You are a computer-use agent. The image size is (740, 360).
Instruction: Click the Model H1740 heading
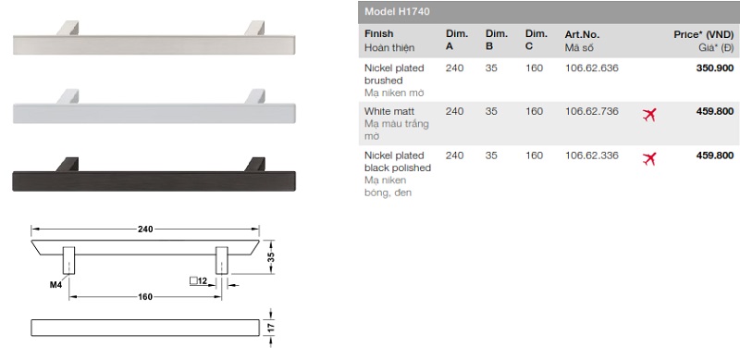[397, 12]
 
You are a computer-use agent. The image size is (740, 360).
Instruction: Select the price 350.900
[714, 68]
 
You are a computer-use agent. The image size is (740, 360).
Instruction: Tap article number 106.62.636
[591, 68]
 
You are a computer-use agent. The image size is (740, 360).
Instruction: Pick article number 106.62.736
[591, 111]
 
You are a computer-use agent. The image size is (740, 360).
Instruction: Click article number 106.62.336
[591, 155]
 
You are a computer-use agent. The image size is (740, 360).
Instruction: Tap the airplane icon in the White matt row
[649, 115]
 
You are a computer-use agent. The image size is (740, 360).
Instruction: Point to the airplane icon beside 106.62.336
[649, 159]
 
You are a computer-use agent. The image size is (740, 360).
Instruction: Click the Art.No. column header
[582, 34]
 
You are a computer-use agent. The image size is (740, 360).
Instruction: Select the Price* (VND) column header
[704, 34]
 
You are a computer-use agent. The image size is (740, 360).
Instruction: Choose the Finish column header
[378, 34]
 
